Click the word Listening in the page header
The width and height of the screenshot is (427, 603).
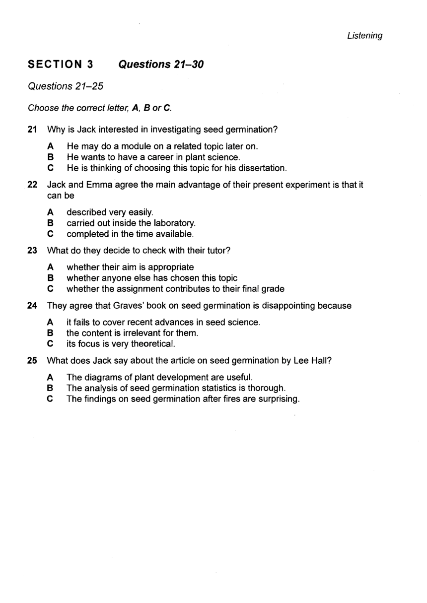pos(364,36)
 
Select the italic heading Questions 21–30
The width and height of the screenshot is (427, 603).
pos(161,65)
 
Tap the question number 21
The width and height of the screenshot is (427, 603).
pos(32,130)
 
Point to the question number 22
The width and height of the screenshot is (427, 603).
pos(32,185)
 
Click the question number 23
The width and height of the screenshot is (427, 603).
pos(32,251)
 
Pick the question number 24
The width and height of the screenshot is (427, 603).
pos(32,306)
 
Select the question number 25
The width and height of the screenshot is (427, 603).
pos(32,361)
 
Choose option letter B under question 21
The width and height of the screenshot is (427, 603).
pos(50,157)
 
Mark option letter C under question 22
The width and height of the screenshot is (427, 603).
pos(50,234)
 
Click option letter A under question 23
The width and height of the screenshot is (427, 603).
pos(50,268)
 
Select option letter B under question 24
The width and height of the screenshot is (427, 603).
pos(50,333)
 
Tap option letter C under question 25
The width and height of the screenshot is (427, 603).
pos(50,399)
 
